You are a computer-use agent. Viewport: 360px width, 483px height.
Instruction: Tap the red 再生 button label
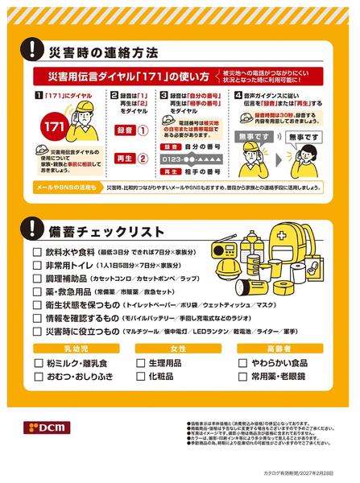(124, 159)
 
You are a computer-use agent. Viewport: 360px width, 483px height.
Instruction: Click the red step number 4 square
(238, 96)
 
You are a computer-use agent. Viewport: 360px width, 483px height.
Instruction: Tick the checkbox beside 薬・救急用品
(37, 292)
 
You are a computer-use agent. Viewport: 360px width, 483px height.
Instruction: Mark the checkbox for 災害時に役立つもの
(37, 332)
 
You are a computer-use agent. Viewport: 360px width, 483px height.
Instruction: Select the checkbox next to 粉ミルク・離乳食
(37, 363)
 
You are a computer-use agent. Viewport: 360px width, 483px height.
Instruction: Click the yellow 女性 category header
(179, 349)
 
